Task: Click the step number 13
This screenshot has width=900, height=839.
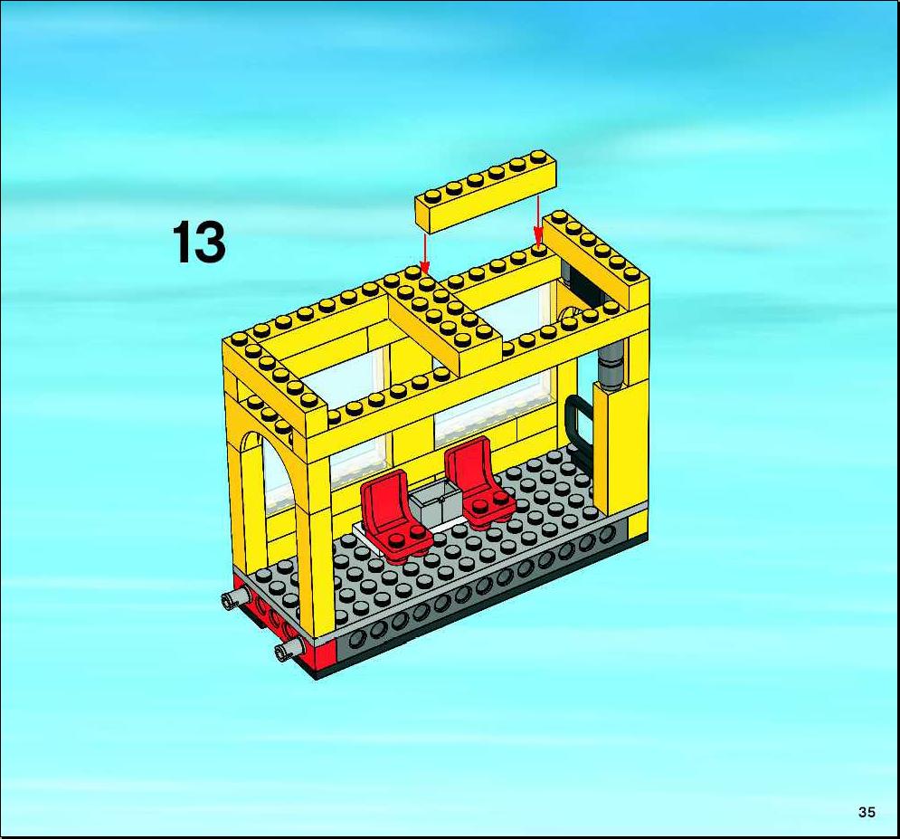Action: [x=199, y=243]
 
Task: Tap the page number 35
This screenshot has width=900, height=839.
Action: [x=867, y=812]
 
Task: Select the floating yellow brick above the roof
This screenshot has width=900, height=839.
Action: [x=486, y=192]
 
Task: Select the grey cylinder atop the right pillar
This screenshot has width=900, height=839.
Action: [x=611, y=367]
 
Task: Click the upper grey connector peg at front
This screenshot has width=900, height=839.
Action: [x=234, y=598]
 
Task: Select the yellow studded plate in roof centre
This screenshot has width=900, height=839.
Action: [x=444, y=321]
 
